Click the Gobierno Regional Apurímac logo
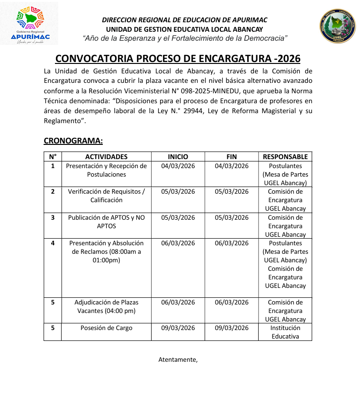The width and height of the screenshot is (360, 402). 29,24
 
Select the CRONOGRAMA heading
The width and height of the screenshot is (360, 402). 73,141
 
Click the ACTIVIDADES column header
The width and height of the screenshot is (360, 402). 106,157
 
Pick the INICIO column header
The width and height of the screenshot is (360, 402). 178,157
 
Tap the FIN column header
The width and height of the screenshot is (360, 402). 232,157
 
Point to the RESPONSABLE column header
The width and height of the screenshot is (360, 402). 285,157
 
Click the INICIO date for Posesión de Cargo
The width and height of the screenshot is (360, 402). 178,328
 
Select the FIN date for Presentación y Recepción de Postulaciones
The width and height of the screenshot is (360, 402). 232,166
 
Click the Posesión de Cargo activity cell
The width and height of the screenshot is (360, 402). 106,328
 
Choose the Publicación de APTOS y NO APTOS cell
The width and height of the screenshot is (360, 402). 106,222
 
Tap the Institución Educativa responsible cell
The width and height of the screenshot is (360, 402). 285,332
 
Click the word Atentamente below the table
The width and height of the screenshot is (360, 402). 177,359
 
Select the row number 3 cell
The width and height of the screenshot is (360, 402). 53,218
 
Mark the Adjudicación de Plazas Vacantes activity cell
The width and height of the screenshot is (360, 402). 106,306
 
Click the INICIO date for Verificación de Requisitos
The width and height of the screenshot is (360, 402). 178,192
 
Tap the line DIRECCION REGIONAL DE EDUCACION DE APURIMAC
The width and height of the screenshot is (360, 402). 185,20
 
